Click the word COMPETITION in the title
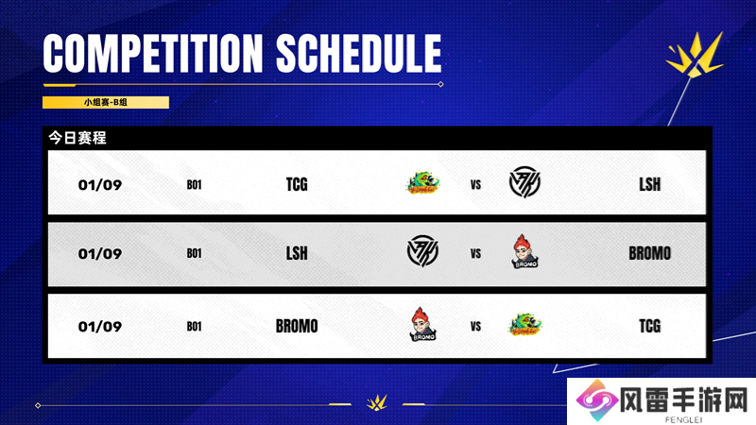pos(153,53)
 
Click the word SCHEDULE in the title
pos(359,53)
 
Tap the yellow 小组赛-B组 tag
pos(106,102)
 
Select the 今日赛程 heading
pos(77,138)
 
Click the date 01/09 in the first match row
pos(100,184)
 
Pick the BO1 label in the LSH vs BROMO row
pos(195,253)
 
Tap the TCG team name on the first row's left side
pos(297,184)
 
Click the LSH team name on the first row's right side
pos(649,184)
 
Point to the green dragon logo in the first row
pos(422,182)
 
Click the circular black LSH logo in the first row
pos(524,182)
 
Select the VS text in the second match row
pos(476,254)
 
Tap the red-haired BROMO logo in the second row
pos(524,251)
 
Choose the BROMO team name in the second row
pos(649,253)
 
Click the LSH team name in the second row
pos(297,253)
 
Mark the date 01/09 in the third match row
pos(100,326)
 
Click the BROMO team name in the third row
pos(297,326)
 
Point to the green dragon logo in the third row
pos(524,324)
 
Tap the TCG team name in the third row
pos(649,326)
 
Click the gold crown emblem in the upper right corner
pos(695,55)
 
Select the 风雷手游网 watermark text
pos(683,399)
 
